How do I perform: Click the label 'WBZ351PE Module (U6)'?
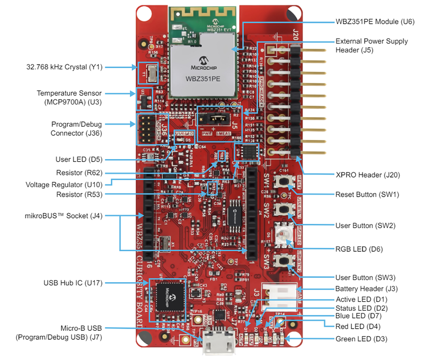[x=374, y=22]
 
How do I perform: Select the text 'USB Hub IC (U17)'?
[x=77, y=283]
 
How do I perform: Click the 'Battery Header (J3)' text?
[x=367, y=289]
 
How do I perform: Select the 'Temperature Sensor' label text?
[x=69, y=93]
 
